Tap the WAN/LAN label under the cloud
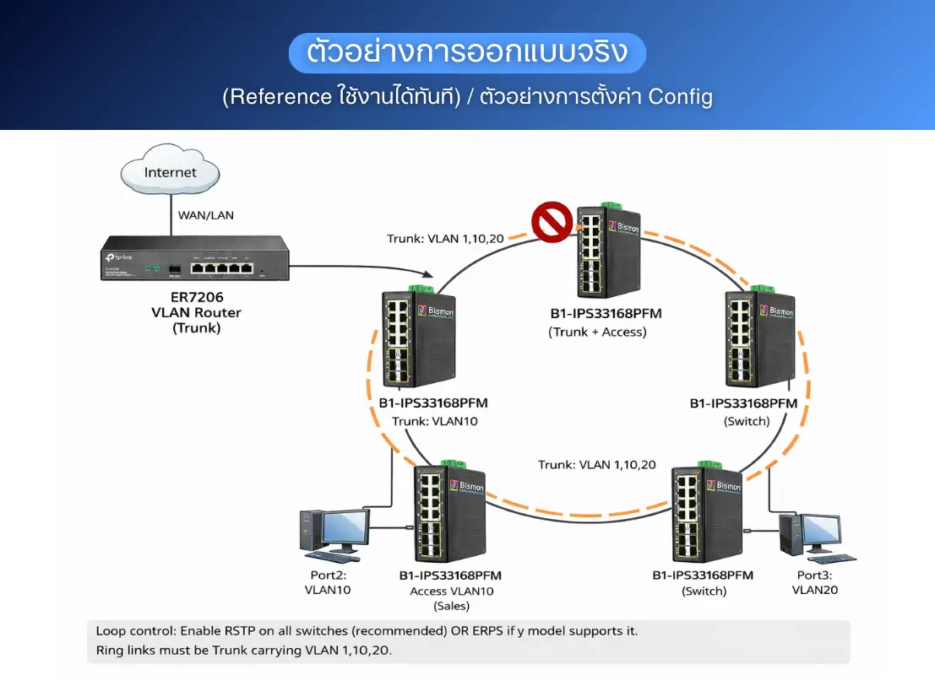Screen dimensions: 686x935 pos(206,215)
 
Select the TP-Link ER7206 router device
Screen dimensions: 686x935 pos(194,260)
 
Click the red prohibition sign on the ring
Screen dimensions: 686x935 pos(552,222)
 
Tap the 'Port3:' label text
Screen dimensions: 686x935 pos(814,575)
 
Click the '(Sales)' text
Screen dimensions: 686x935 pos(451,606)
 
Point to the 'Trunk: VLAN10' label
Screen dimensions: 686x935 pos(434,420)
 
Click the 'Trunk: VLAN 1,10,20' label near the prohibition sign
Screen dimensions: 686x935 pos(445,239)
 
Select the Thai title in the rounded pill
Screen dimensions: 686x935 pos(467,53)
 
